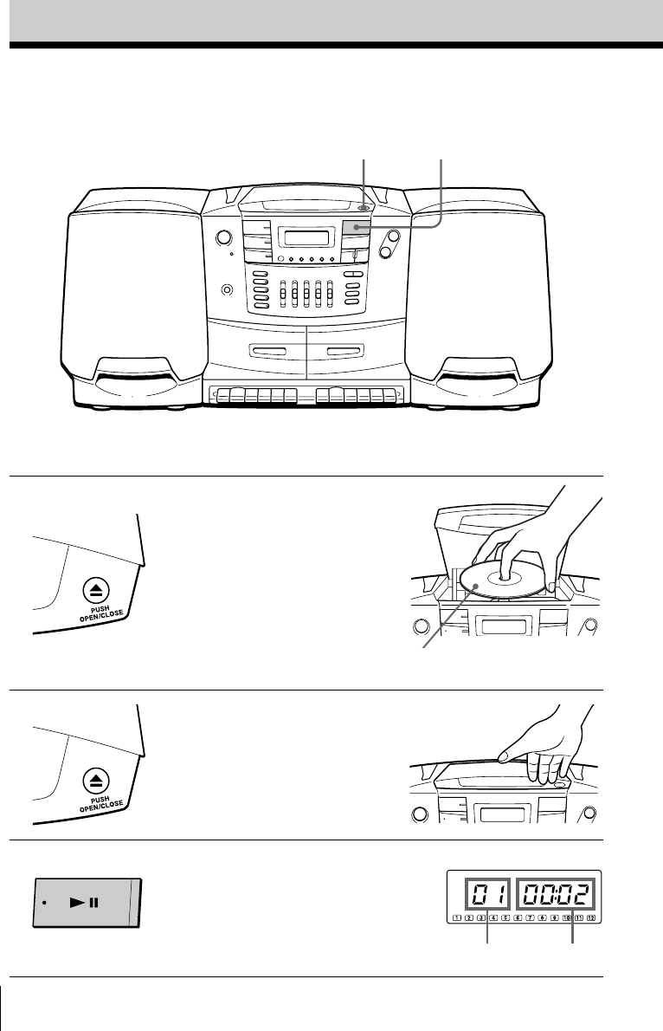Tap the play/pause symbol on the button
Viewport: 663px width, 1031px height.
85,902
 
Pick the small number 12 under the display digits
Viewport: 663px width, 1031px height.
592,918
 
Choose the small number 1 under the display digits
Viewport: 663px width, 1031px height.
456,918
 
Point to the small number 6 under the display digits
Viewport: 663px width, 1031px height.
518,918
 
